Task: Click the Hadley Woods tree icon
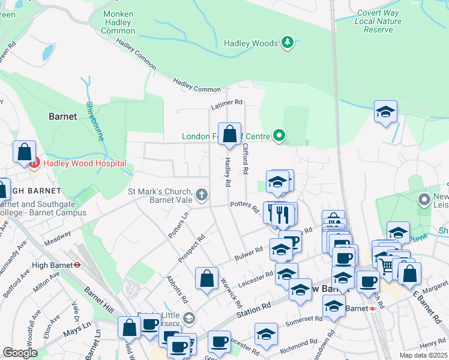pyautogui.click(x=288, y=43)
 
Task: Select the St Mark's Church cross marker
pyautogui.click(x=202, y=194)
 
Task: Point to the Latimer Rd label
pyautogui.click(x=226, y=105)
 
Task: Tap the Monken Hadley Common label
pyautogui.click(x=118, y=22)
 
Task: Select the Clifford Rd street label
pyautogui.click(x=246, y=158)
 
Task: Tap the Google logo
pyautogui.click(x=20, y=353)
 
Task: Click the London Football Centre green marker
pyautogui.click(x=279, y=136)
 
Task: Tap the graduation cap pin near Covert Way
pyautogui.click(x=385, y=112)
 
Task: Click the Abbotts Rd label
pyautogui.click(x=177, y=289)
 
